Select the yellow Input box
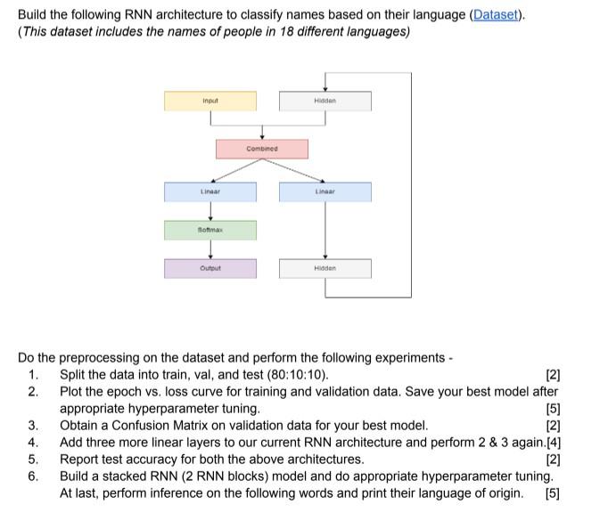tap(210, 102)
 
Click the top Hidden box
tap(325, 102)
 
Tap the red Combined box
tap(261, 149)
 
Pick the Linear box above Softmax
tap(210, 191)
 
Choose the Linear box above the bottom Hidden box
tap(325, 191)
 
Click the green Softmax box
tap(210, 230)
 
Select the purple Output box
tap(210, 268)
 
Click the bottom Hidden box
tap(325, 268)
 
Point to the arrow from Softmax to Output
tap(210, 249)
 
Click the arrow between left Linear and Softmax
tap(210, 211)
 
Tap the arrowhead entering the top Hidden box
tap(325, 86)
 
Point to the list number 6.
tap(33, 476)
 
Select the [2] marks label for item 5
tap(552, 459)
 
